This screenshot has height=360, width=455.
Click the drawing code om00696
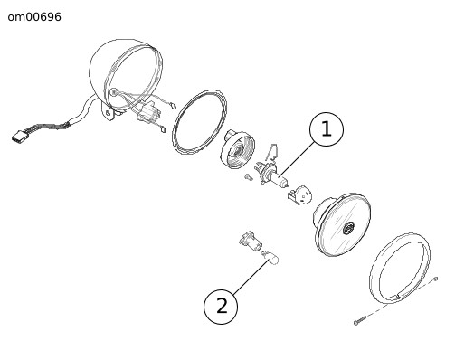point(34,17)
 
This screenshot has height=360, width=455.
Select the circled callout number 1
point(327,129)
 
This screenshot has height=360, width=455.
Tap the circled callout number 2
point(221,307)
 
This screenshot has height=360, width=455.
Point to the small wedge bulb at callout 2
point(270,257)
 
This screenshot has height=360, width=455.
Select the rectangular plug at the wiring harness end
point(19,136)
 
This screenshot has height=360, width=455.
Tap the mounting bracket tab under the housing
point(108,113)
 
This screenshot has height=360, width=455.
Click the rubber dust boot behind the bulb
point(238,149)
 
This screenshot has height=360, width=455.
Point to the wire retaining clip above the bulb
point(272,152)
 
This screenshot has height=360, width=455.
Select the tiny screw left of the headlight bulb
point(249,177)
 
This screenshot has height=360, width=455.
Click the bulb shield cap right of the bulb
point(299,195)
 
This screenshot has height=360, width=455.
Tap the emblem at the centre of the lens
point(349,228)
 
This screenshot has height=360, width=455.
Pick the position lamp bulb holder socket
point(251,241)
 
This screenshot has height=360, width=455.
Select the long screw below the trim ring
point(360,320)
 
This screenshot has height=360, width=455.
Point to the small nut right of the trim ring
point(435,279)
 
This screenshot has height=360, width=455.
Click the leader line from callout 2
point(250,276)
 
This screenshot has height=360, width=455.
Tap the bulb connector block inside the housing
point(147,112)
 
